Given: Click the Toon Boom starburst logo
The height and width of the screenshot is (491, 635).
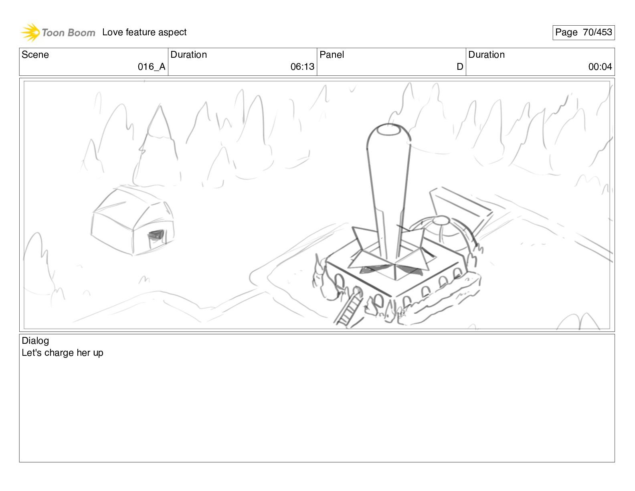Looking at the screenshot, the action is pyautogui.click(x=30, y=32).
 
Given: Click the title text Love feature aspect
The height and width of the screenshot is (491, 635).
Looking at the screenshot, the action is pyautogui.click(x=144, y=32).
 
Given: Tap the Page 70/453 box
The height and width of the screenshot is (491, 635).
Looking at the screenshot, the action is pyautogui.click(x=583, y=32).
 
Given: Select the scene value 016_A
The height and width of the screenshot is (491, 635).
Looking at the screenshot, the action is pyautogui.click(x=152, y=67).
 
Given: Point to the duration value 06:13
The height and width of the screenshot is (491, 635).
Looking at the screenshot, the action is pyautogui.click(x=302, y=67).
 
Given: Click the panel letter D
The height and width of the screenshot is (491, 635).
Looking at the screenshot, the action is pyautogui.click(x=460, y=67).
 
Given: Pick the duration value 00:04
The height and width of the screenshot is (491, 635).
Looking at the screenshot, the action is pyautogui.click(x=600, y=67).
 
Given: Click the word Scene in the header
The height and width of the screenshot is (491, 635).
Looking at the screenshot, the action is pyautogui.click(x=35, y=55).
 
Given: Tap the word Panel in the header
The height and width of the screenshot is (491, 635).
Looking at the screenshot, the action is pyautogui.click(x=332, y=55).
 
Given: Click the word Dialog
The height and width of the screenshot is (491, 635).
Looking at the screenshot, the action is pyautogui.click(x=35, y=341).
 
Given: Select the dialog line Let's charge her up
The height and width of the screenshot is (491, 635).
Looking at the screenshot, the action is pyautogui.click(x=63, y=353).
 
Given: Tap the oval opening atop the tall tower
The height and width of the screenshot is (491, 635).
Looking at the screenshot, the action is pyautogui.click(x=388, y=130).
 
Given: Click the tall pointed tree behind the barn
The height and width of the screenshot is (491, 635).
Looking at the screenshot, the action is pyautogui.click(x=158, y=146).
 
